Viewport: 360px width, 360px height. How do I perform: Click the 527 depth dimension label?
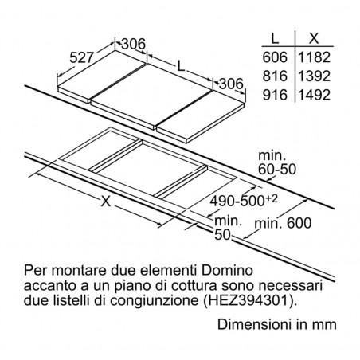(x=82, y=57)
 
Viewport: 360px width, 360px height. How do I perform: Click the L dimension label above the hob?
(x=181, y=66)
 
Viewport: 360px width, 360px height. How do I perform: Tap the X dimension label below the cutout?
(x=106, y=202)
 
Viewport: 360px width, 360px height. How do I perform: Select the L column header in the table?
(x=275, y=38)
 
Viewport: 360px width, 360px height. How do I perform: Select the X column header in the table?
(x=314, y=38)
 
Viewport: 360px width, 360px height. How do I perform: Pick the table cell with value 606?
(x=275, y=57)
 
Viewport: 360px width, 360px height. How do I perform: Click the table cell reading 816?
(x=275, y=76)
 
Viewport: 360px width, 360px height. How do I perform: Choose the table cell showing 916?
(x=275, y=95)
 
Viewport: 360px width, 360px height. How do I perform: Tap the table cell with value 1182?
(x=315, y=57)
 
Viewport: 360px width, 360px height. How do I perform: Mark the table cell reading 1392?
(x=315, y=76)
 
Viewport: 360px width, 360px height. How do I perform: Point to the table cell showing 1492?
(x=315, y=95)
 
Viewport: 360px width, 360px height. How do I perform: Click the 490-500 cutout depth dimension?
(x=244, y=201)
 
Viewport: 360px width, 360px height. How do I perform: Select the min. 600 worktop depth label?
(x=283, y=223)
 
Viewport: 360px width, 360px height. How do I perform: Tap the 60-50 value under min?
(x=277, y=169)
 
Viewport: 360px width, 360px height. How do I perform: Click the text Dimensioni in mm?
(x=277, y=324)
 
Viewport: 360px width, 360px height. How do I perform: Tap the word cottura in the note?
(x=194, y=286)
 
